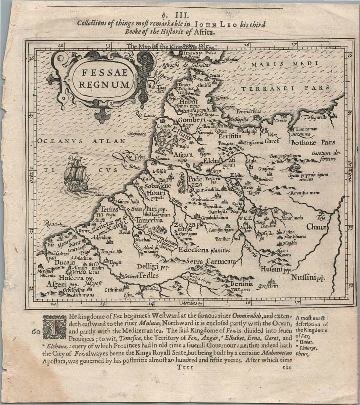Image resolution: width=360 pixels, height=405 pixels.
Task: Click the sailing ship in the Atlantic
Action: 76,173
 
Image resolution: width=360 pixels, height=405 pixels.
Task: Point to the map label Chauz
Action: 316,227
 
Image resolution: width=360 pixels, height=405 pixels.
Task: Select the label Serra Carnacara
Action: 211,261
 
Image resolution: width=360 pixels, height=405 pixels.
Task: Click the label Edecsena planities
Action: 204,250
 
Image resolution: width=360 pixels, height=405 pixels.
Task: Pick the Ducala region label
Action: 65,263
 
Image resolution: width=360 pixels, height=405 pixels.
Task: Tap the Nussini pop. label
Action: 308,277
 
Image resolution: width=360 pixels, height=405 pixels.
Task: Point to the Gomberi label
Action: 191,120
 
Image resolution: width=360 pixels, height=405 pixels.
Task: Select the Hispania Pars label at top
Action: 198,53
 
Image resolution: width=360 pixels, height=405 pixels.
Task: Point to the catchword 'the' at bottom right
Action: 287,367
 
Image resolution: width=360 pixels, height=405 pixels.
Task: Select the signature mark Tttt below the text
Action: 184,367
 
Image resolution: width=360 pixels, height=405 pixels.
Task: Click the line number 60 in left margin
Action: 36,332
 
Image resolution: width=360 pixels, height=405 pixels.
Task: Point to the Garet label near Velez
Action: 272,141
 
